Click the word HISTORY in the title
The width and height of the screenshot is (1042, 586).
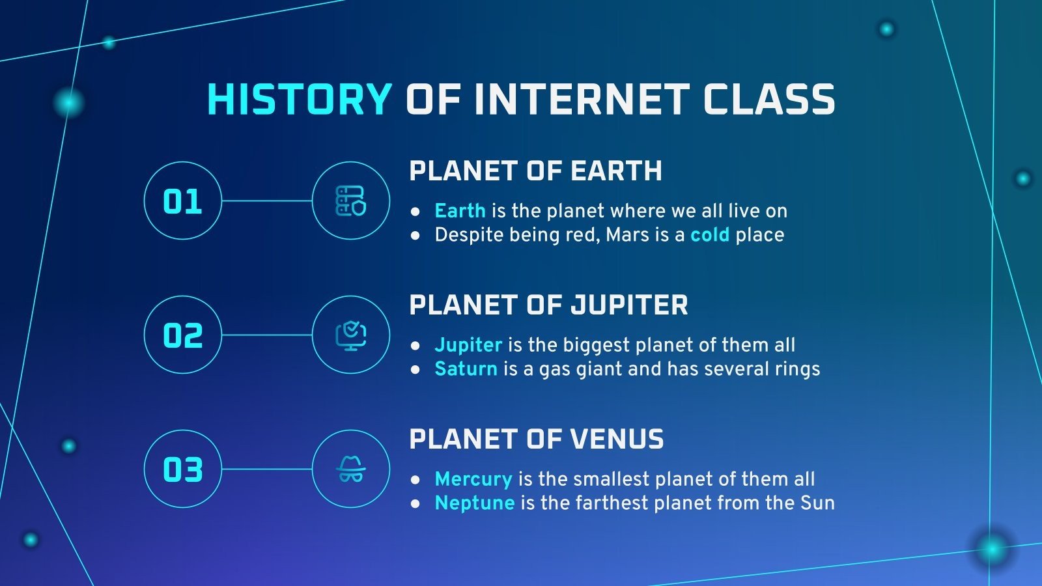[299, 100]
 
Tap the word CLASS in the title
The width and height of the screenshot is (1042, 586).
[768, 100]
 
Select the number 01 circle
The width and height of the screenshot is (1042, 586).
[182, 201]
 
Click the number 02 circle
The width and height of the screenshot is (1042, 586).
[182, 335]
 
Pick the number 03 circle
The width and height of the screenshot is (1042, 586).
[182, 469]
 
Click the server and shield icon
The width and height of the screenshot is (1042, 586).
[351, 201]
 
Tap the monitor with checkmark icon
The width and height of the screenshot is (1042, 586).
[351, 335]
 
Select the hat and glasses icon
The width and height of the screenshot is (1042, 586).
[351, 469]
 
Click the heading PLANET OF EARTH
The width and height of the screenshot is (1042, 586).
[535, 171]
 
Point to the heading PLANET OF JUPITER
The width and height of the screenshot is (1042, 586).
[548, 305]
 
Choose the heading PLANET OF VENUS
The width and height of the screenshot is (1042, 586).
[536, 439]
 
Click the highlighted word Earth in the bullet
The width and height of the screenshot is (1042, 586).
[460, 211]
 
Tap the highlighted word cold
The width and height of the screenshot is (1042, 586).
[709, 235]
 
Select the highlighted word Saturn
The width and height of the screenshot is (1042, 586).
[466, 369]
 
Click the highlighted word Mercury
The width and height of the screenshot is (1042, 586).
[473, 479]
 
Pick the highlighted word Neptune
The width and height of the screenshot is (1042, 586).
[474, 503]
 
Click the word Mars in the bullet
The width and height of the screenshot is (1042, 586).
[627, 235]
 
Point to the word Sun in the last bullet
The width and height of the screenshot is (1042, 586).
[817, 503]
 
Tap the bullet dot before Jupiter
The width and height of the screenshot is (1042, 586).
[415, 346]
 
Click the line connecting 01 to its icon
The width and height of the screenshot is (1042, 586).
[267, 201]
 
